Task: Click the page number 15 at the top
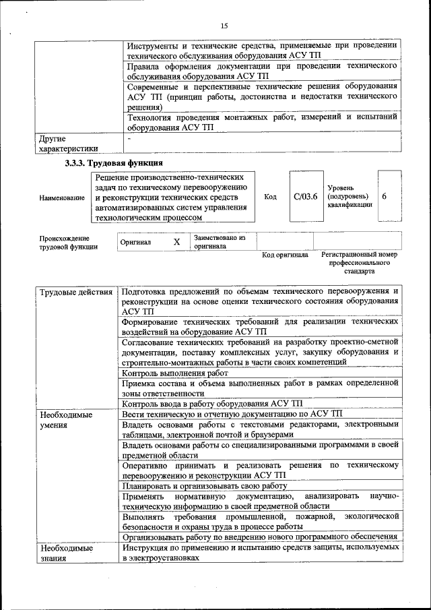[x=224, y=26]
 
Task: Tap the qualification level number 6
[x=384, y=196]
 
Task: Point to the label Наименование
[x=62, y=197]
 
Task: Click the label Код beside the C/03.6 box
[x=270, y=197]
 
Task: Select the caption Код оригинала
[x=285, y=255]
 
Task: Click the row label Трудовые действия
[x=76, y=292]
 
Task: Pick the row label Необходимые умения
[x=66, y=420]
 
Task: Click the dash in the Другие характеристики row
[x=128, y=138]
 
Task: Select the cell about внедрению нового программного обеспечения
[x=259, y=537]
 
